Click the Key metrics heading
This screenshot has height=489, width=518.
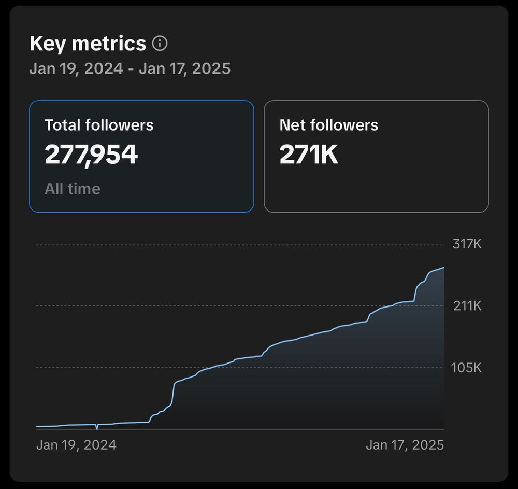pos(88,44)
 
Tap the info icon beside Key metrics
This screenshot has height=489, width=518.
pos(160,44)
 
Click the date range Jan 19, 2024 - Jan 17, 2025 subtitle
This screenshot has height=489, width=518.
pos(129,68)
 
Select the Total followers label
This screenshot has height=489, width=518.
pos(99,125)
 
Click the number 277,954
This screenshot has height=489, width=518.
pos(91,155)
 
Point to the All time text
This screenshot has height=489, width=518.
pos(73,189)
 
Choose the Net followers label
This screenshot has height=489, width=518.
pos(329,125)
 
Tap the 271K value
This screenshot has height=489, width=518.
pos(309,155)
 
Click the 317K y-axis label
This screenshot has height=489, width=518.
pos(467,244)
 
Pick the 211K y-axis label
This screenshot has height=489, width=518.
pos(467,306)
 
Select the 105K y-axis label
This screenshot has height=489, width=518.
pos(466,368)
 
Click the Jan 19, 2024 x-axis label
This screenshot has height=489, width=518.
pos(76,445)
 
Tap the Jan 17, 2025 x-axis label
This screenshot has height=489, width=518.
pos(405,445)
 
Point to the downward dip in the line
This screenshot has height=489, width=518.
pos(97,428)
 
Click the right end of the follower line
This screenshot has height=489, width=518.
pos(443,268)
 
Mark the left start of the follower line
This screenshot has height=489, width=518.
pos(37,427)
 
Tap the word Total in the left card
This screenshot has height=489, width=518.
pos(63,125)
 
